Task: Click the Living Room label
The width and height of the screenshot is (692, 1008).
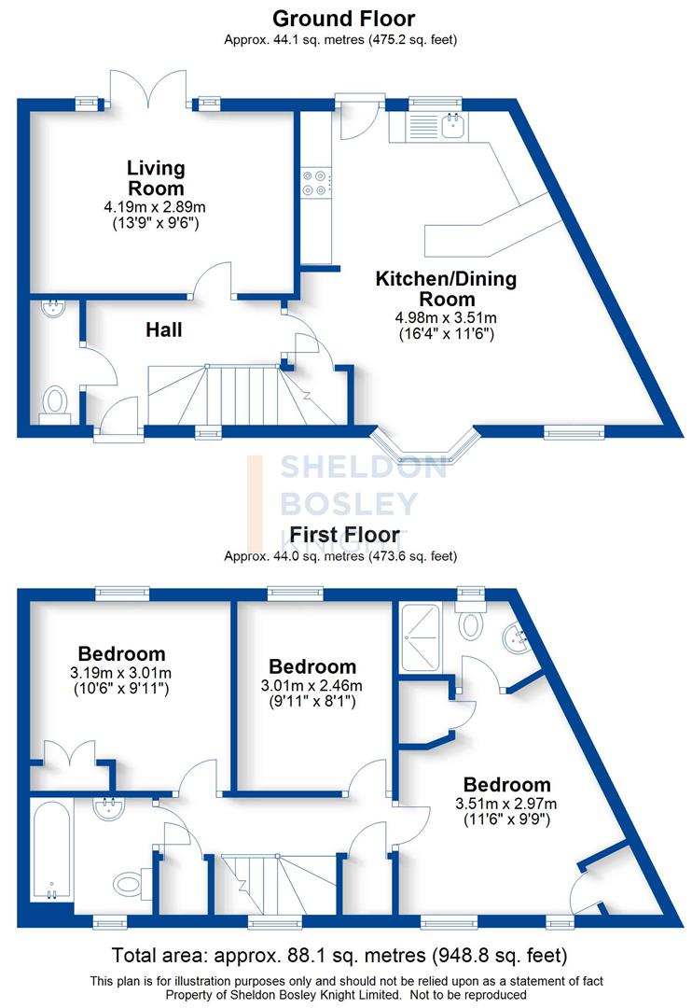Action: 156,177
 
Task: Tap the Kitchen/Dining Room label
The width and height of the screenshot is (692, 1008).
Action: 445,288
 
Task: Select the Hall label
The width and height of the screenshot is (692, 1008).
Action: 163,329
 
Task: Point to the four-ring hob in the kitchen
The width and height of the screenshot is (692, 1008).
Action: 314,183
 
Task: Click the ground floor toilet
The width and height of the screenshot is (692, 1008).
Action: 56,402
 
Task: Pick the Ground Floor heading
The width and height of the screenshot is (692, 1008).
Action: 344,18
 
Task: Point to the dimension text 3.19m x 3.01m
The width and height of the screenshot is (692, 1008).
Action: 122,673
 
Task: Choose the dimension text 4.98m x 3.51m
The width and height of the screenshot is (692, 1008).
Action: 445,317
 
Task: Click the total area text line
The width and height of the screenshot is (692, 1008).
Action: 339,956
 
